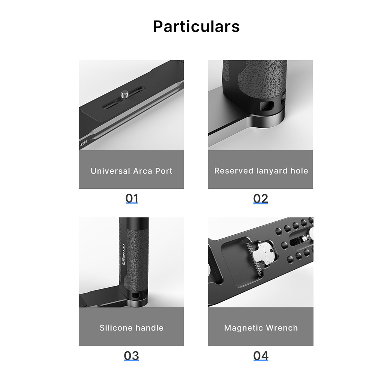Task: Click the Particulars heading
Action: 196,26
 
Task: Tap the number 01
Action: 132,199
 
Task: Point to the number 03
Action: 131,356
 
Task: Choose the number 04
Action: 261,356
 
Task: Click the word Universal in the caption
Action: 110,171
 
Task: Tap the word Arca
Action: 143,171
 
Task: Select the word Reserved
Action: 234,171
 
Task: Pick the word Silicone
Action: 115,328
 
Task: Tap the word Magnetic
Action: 243,328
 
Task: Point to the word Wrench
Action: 282,328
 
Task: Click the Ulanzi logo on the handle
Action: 123,255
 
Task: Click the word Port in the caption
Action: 164,171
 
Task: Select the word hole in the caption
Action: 299,171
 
